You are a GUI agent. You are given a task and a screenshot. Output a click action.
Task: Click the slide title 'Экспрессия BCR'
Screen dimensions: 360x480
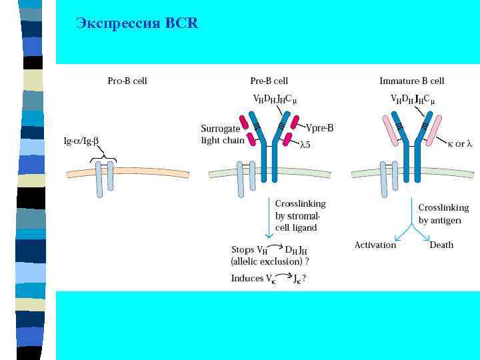pos(137,23)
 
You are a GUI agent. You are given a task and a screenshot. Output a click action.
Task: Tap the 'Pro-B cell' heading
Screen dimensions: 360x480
pos(127,81)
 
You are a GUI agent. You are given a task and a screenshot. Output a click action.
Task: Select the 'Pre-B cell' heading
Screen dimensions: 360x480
pos(269,81)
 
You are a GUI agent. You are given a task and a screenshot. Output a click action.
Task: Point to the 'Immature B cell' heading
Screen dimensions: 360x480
pos(411,81)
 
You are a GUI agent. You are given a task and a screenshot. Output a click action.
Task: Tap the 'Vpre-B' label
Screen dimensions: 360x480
pos(321,127)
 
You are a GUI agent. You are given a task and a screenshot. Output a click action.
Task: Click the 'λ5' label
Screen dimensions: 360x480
pos(306,145)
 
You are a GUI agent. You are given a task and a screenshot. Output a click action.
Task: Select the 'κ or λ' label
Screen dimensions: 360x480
pos(459,144)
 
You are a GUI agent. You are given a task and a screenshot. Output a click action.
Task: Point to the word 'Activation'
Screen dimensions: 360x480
pos(375,245)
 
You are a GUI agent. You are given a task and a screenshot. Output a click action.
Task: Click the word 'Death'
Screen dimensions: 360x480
pos(441,245)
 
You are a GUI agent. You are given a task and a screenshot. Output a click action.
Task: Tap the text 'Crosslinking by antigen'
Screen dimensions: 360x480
pos(443,213)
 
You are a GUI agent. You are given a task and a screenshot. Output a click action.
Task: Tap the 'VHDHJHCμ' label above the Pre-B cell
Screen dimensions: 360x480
pos(275,99)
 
